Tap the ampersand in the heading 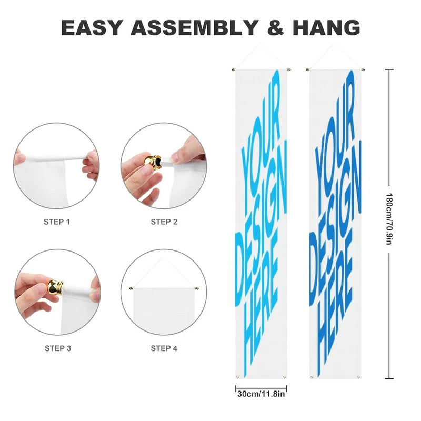click(275, 27)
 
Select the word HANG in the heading click(326, 27)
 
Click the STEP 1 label click(57, 222)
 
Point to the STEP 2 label click(164, 222)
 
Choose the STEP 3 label click(58, 348)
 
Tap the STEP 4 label click(164, 348)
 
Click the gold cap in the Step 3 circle click(56, 287)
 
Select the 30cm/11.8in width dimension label click(261, 394)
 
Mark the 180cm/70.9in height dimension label click(389, 218)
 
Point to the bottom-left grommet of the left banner click(237, 377)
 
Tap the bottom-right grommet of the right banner click(358, 377)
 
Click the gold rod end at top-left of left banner click(234, 69)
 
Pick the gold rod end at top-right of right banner click(363, 69)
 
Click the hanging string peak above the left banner click(260, 44)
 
